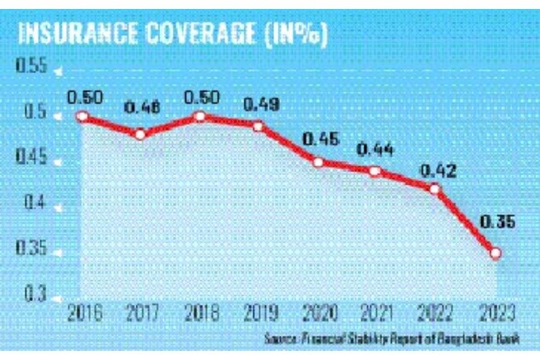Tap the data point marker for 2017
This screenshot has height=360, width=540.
(x=140, y=134)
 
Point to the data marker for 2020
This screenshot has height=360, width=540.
(x=319, y=163)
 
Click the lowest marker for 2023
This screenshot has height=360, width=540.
(x=496, y=253)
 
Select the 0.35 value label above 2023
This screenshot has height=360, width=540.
(x=496, y=223)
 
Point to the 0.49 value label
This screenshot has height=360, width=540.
(x=260, y=105)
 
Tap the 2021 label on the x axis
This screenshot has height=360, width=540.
(x=377, y=313)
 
